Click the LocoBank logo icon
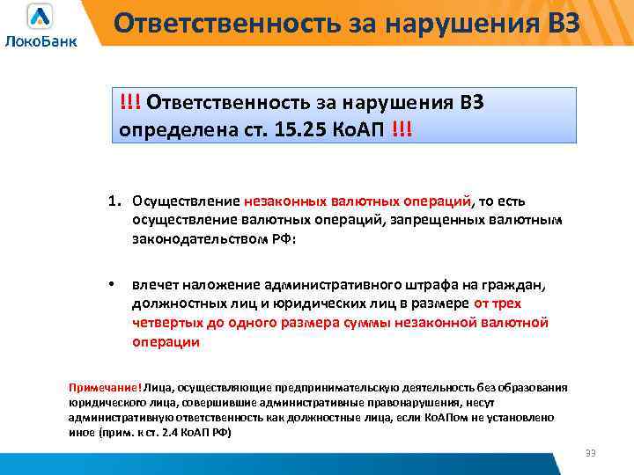pos(41,17)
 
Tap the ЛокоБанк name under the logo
pos(41,41)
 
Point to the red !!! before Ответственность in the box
pos(131,103)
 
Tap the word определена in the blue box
pos(166,129)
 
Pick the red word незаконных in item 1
pos(283,201)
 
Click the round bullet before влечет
pos(111,284)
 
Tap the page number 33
pos(590,453)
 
